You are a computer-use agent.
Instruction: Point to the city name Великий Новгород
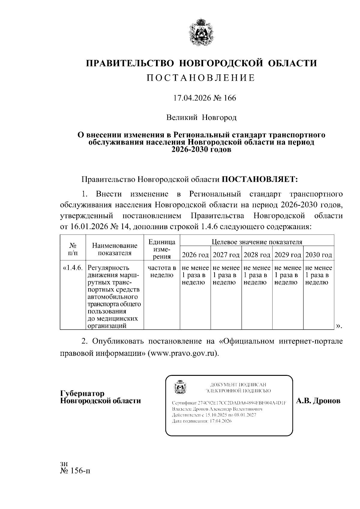pyautogui.click(x=202, y=117)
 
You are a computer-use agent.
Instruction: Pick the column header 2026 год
pyautogui.click(x=195, y=255)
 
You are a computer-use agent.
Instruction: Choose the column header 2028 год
pyautogui.click(x=257, y=255)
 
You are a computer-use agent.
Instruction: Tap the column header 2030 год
pyautogui.click(x=319, y=255)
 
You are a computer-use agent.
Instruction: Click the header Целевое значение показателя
pyautogui.click(x=257, y=242)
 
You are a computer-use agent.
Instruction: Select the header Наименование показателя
pyautogui.click(x=115, y=249)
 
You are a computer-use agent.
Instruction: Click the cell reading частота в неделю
pyautogui.click(x=162, y=271)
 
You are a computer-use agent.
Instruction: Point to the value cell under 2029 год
pyautogui.click(x=288, y=275)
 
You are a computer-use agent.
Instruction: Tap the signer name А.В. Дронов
pyautogui.click(x=318, y=401)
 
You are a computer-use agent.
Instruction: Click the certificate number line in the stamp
pyautogui.click(x=229, y=403)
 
